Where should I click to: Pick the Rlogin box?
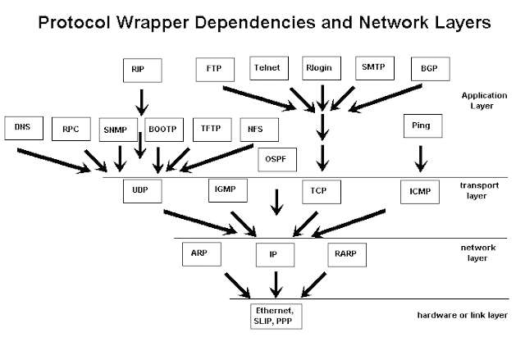point(320,67)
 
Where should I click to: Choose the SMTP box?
point(373,67)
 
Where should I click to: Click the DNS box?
point(22,129)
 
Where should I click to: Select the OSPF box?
point(276,158)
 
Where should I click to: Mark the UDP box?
point(140,191)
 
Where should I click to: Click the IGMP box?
point(226,191)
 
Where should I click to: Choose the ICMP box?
point(419,192)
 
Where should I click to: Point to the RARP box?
point(345,254)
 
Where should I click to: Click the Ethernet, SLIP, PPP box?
point(275,314)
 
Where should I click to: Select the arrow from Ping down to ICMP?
point(421,158)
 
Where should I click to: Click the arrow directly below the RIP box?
point(140,102)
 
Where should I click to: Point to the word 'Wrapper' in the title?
point(190,23)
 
